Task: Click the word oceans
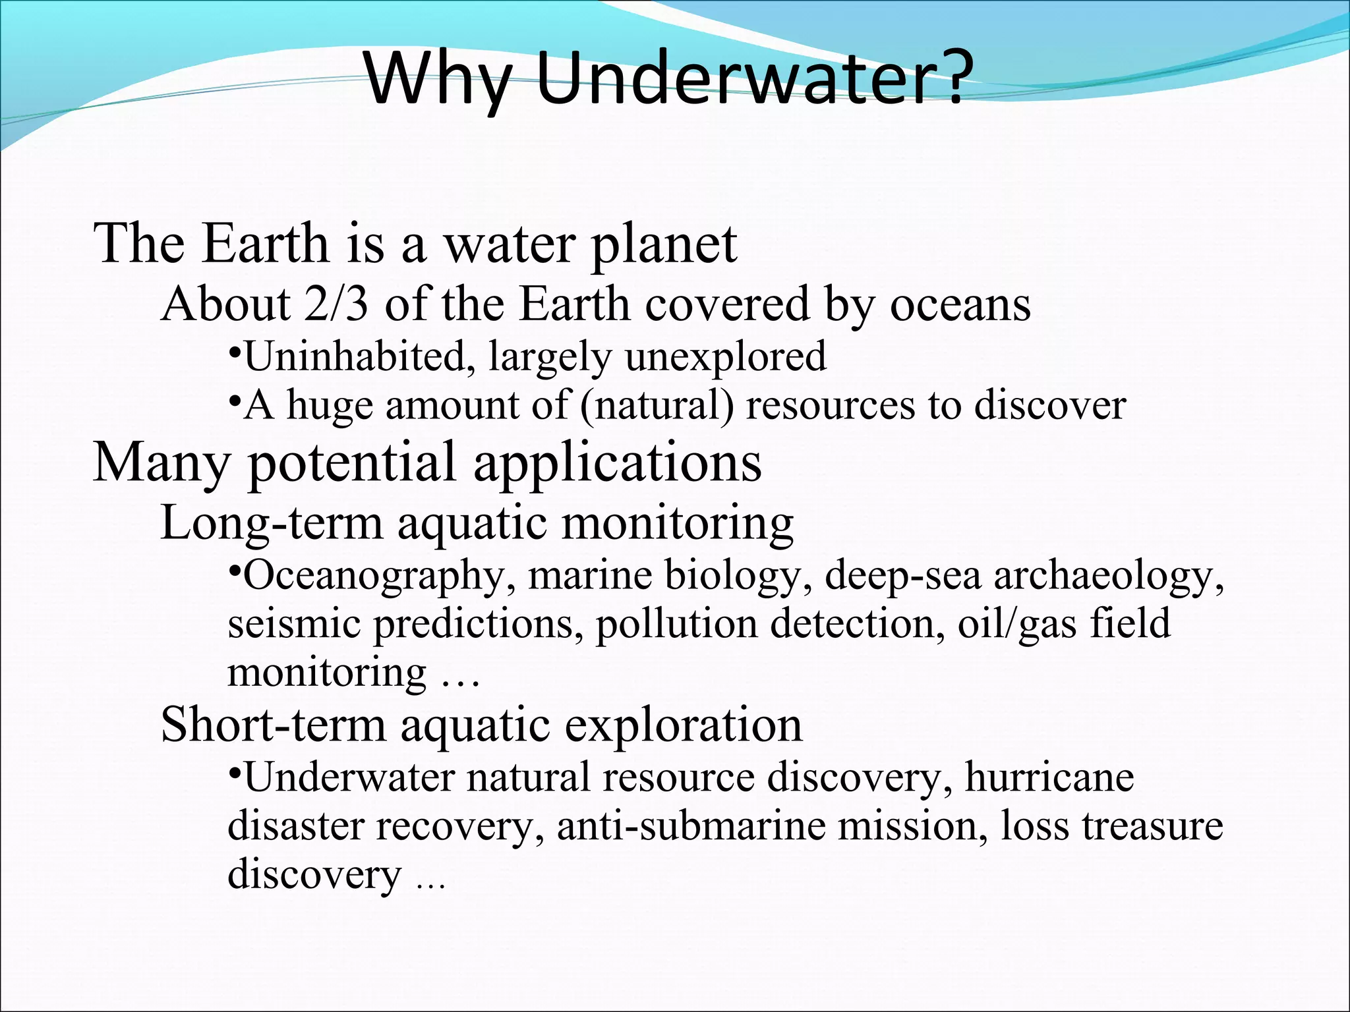tap(960, 305)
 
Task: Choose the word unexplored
tap(725, 357)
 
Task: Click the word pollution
tap(676, 625)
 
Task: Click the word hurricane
tap(1049, 777)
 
